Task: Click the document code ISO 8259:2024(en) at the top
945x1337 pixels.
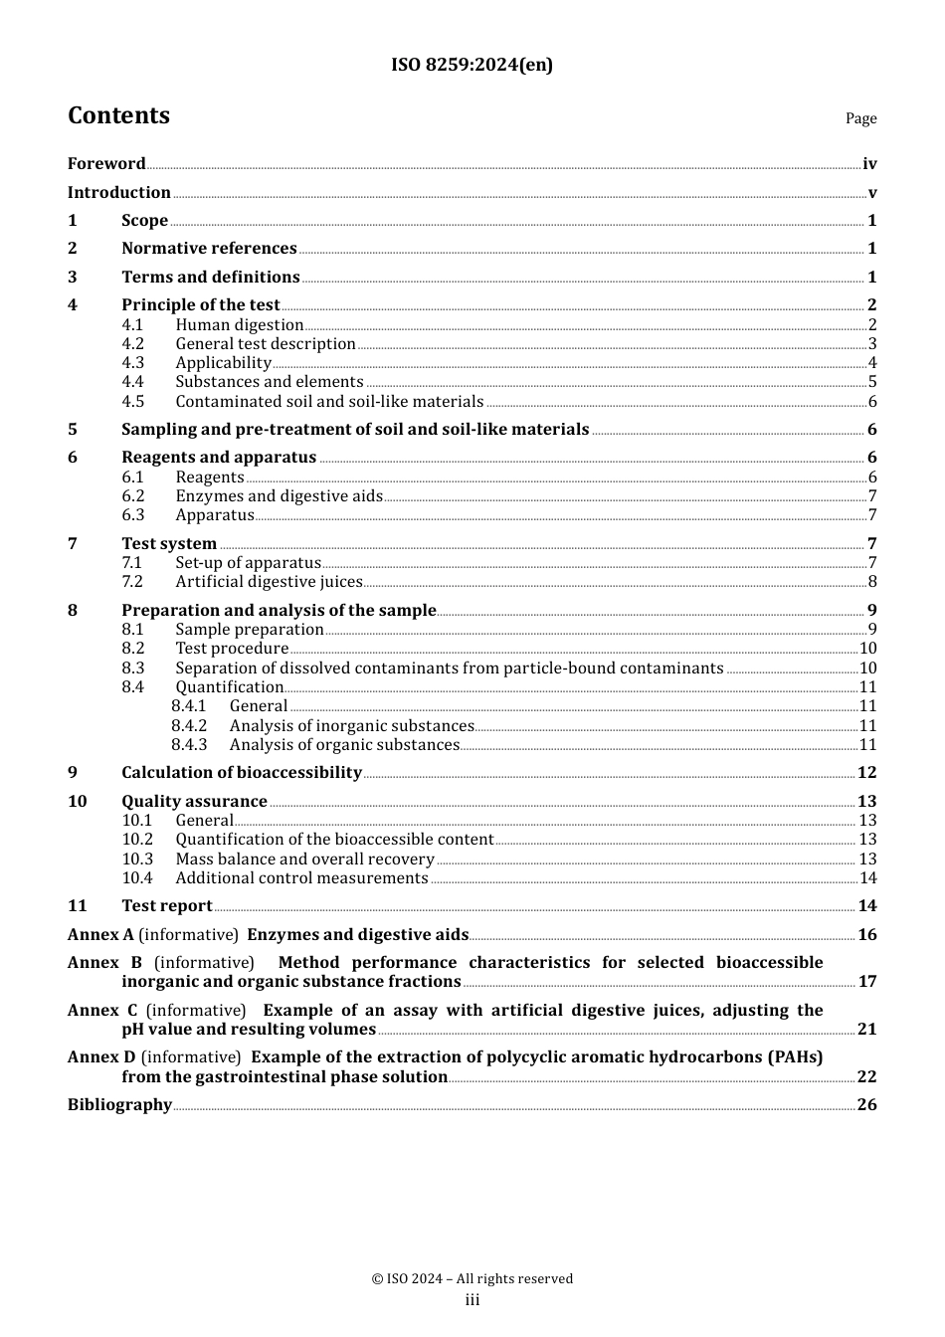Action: [x=472, y=65]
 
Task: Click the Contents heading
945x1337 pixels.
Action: [x=118, y=115]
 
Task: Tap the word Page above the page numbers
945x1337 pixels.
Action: [x=860, y=118]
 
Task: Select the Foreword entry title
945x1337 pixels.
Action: [x=106, y=164]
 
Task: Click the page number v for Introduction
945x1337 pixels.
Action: [x=872, y=193]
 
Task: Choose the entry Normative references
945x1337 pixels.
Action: [x=209, y=249]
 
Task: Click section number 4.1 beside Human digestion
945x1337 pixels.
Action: [x=133, y=325]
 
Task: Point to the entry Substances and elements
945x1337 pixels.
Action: [x=270, y=382]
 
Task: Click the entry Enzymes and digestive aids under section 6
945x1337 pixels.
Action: [x=279, y=496]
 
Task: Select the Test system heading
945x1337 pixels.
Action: [x=169, y=544]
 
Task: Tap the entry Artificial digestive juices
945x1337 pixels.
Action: [x=269, y=582]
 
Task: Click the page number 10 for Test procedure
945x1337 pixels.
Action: [x=867, y=649]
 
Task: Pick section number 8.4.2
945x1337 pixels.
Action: [x=189, y=726]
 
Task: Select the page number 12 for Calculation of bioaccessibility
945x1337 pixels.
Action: [x=867, y=773]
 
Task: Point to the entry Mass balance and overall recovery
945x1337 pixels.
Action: [x=304, y=859]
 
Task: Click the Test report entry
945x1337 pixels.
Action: [x=167, y=906]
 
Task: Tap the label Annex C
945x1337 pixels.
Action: [x=102, y=1011]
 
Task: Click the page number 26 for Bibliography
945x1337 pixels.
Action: [x=867, y=1105]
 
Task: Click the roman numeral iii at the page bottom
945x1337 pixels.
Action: [x=472, y=1300]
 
